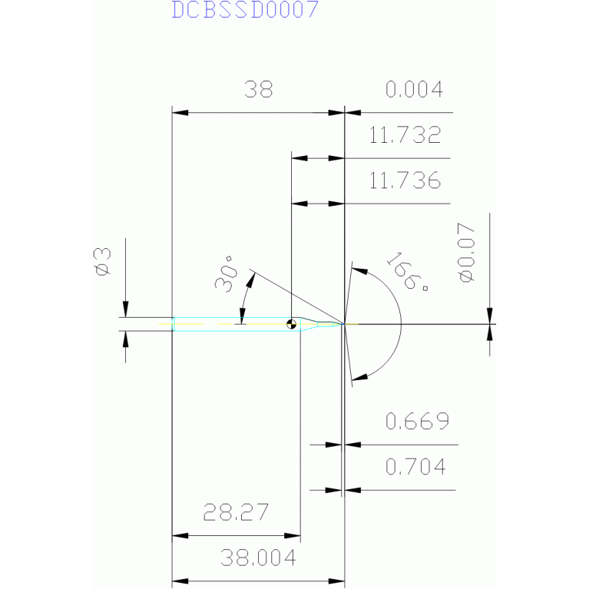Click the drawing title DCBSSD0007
pos(244,11)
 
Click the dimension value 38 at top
pos(259,90)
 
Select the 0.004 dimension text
pos(414,90)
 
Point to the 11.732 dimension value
pos(405,137)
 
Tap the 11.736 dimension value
pos(405,181)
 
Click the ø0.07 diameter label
pos(466,254)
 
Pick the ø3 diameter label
pos(102,261)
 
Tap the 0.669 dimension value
pos(416,421)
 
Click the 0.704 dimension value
pos(416,466)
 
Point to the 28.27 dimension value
pos(235,511)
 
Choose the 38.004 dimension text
pos(258,558)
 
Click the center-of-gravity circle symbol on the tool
pos(292,324)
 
